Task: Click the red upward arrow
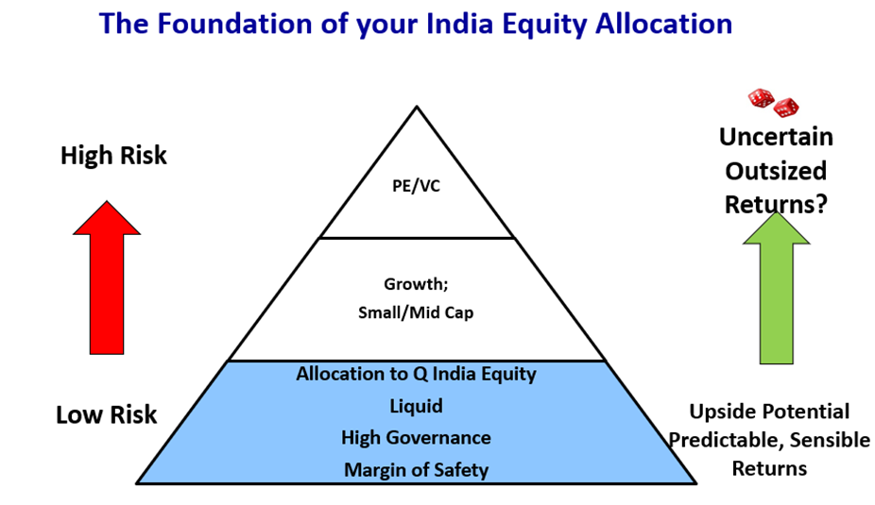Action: (107, 278)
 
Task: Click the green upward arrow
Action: (776, 288)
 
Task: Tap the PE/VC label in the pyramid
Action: (417, 186)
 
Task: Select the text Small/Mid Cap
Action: (416, 312)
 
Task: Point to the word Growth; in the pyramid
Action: (416, 284)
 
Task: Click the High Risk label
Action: (113, 155)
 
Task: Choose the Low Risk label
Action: (106, 414)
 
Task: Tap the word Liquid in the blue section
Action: (417, 406)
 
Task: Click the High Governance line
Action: (417, 438)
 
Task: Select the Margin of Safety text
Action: (417, 470)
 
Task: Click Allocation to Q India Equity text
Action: (417, 374)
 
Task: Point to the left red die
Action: (762, 98)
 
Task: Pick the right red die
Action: (786, 107)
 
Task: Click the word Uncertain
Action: (776, 137)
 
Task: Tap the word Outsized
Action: (776, 171)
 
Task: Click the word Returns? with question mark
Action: (776, 204)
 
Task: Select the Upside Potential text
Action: (769, 412)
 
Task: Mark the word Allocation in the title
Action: (663, 24)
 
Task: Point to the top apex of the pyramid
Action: (417, 107)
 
